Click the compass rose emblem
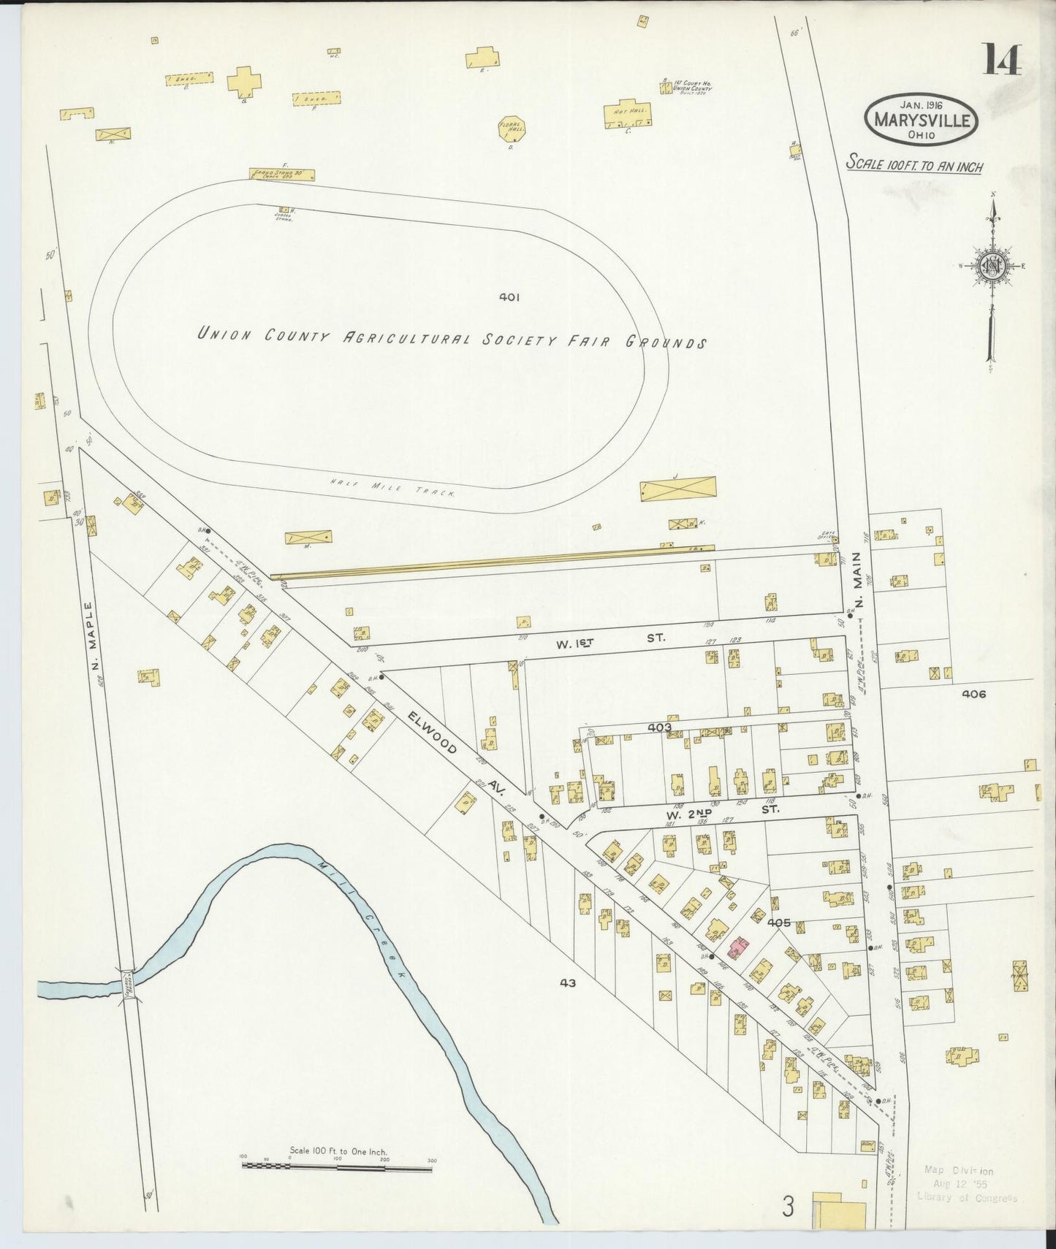993,266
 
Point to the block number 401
509,297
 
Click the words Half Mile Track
392,488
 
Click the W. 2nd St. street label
720,810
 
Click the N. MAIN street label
860,579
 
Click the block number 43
568,983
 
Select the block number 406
973,694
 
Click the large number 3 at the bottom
787,1207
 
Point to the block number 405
779,923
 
